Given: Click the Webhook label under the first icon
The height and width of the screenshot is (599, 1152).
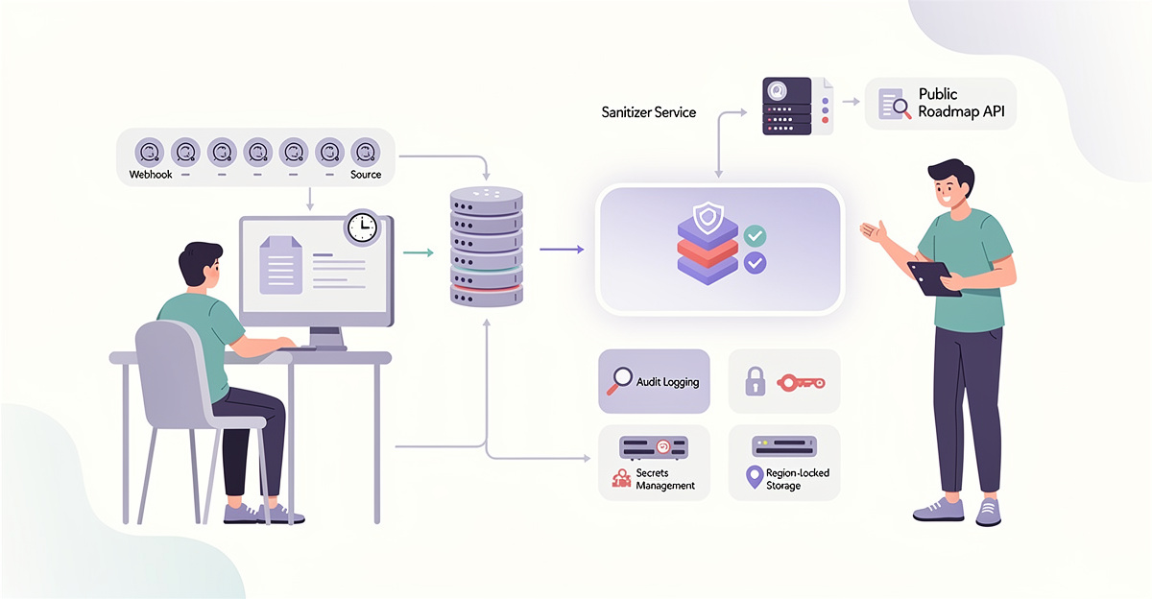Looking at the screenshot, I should pos(151,175).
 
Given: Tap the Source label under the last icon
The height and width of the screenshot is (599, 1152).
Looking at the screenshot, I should pos(366,175).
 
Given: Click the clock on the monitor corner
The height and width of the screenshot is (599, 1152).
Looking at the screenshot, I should pos(362,228).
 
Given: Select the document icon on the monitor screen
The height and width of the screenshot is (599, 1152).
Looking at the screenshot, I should pos(280,265).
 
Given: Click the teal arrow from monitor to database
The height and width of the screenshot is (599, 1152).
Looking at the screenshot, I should pos(416,253).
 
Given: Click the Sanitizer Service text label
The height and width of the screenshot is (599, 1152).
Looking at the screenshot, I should pos(647,112).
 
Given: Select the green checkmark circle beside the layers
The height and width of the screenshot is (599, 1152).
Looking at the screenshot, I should pos(755,234).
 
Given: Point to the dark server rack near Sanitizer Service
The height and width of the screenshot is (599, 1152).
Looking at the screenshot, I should pos(784,106).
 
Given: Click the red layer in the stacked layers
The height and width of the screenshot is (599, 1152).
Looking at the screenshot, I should pos(707,249).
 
